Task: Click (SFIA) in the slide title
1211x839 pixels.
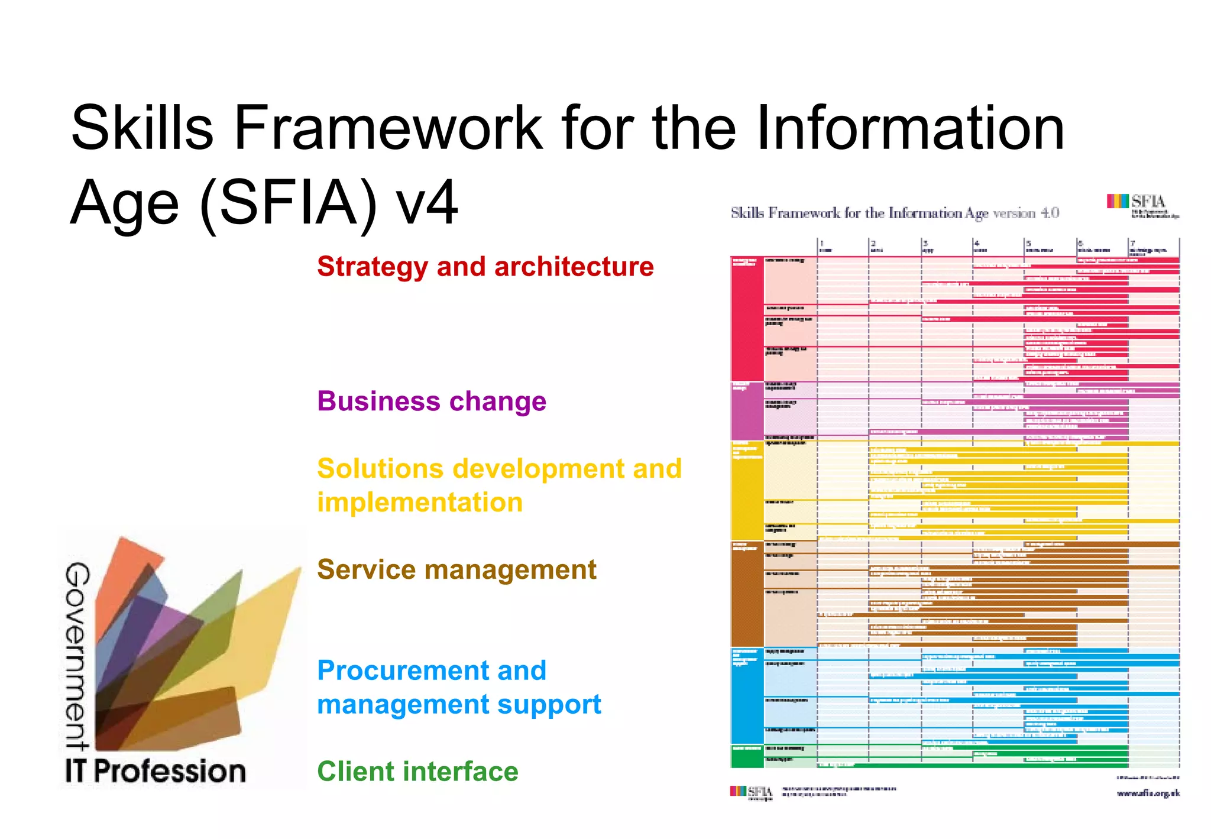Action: (289, 203)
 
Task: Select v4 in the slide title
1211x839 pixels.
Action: (427, 203)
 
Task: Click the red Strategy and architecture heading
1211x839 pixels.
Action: (485, 267)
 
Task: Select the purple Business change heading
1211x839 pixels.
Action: (431, 401)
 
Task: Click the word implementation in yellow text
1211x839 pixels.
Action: (420, 503)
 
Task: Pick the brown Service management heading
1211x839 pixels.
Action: (456, 570)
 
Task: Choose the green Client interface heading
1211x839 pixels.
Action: (417, 772)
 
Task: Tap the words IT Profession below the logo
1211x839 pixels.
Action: (155, 772)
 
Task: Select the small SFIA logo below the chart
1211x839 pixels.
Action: (751, 792)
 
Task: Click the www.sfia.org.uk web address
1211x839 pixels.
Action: (1148, 793)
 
